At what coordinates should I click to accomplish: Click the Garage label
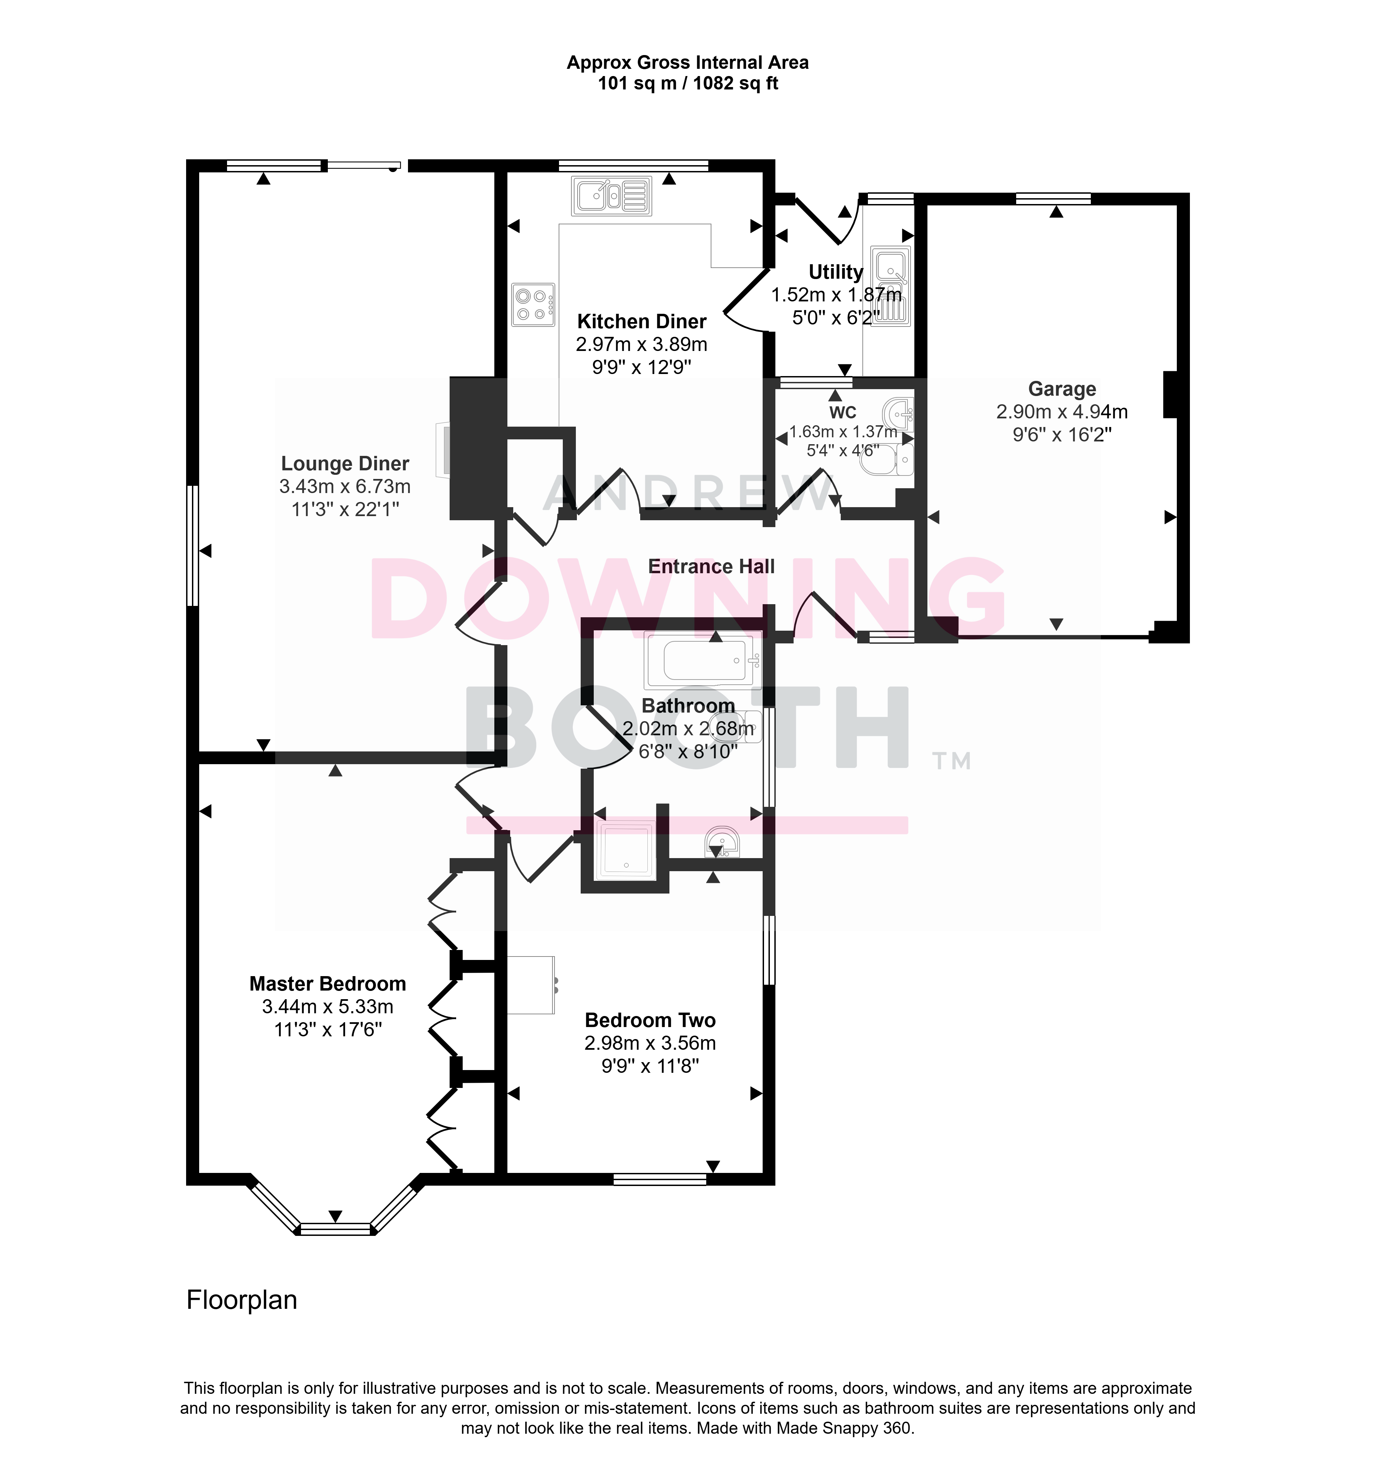point(1062,389)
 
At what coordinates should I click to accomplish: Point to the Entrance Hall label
point(711,566)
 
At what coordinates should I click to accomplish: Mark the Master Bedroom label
point(327,984)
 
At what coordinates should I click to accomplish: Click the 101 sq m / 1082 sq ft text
point(688,83)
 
